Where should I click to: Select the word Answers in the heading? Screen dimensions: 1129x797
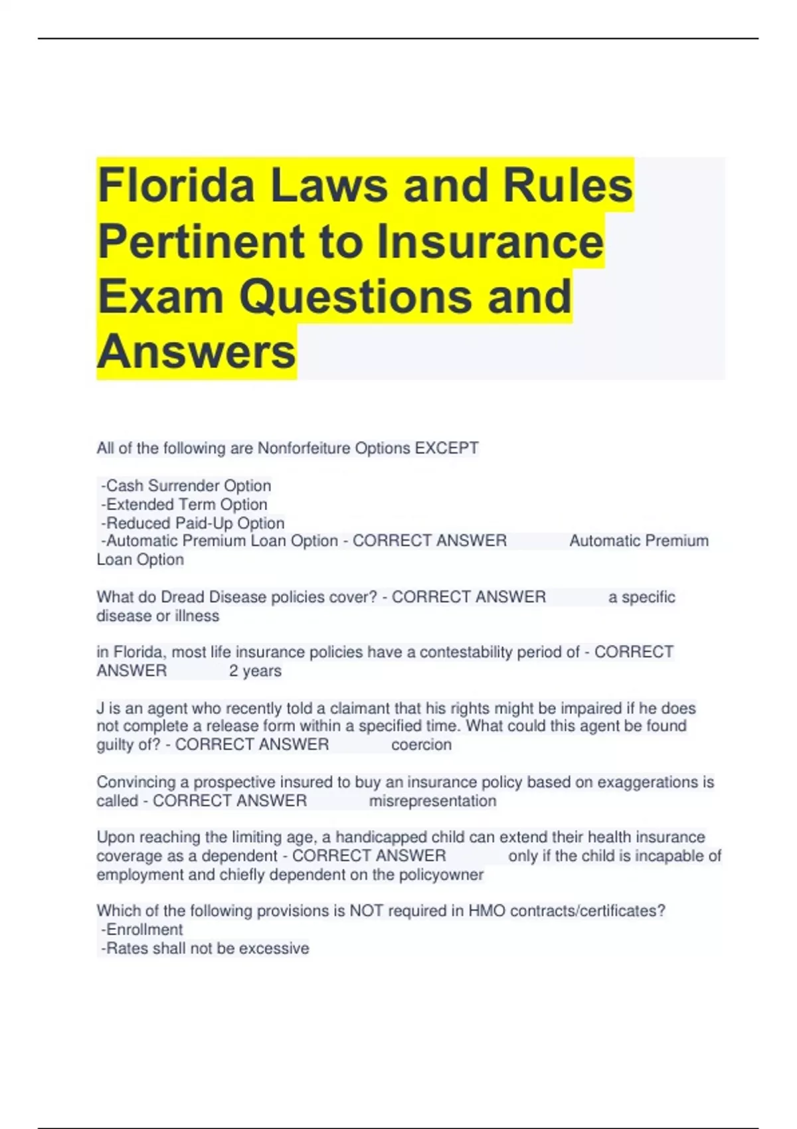tap(197, 351)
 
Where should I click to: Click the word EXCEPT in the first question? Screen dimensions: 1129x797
tap(446, 448)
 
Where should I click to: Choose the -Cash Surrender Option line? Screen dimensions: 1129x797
tap(186, 485)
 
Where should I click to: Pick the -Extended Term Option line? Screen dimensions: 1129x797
tap(184, 504)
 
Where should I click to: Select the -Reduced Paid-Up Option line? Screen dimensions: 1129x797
tap(193, 523)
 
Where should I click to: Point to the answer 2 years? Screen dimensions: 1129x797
tap(255, 671)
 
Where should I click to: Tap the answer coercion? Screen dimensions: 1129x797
tap(421, 744)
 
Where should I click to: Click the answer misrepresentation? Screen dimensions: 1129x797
tap(432, 801)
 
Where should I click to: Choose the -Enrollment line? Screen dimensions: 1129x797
tap(141, 929)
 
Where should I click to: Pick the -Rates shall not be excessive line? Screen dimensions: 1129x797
tap(205, 948)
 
